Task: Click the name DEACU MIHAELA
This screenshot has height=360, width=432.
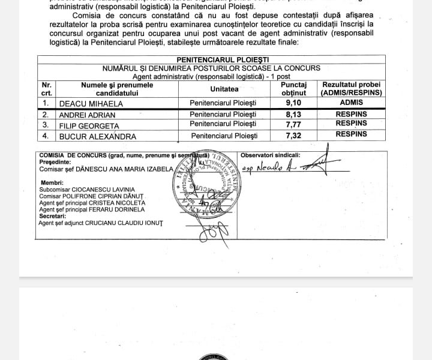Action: click(90, 103)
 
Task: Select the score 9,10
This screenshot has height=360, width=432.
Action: click(293, 103)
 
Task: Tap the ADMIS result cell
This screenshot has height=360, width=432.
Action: click(351, 103)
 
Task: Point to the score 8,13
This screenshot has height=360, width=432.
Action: click(293, 114)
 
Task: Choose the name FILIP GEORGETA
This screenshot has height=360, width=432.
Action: click(88, 125)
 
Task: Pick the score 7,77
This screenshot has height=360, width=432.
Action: click(293, 124)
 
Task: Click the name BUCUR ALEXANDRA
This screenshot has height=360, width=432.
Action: click(97, 136)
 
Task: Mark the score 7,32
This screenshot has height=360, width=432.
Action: click(293, 135)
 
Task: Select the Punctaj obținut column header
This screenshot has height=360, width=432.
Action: click(293, 89)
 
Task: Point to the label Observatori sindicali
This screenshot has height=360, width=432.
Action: click(270, 155)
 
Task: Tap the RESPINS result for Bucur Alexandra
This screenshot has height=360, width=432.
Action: click(351, 134)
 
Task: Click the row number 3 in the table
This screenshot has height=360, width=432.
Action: click(46, 125)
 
